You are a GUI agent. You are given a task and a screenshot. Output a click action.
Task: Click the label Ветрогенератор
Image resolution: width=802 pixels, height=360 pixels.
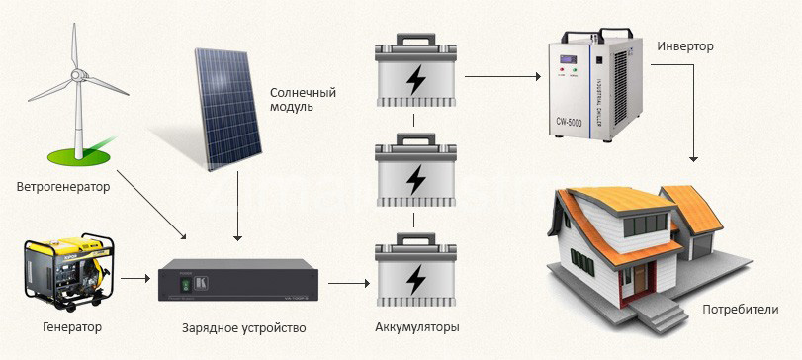(x=62, y=186)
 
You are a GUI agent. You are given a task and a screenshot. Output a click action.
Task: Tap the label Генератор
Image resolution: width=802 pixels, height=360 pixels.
(x=72, y=326)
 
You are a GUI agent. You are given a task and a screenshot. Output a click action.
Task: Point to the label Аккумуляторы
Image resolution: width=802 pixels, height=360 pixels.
(x=417, y=327)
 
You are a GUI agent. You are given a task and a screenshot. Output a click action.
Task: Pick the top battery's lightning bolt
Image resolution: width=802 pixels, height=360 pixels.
(x=418, y=81)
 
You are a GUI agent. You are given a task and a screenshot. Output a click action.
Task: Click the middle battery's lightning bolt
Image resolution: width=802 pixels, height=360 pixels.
(x=418, y=178)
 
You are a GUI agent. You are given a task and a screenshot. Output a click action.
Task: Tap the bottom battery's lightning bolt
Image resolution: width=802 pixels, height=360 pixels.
(x=418, y=276)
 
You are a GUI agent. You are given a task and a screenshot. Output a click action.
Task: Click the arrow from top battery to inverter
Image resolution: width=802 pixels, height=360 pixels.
(x=502, y=74)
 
